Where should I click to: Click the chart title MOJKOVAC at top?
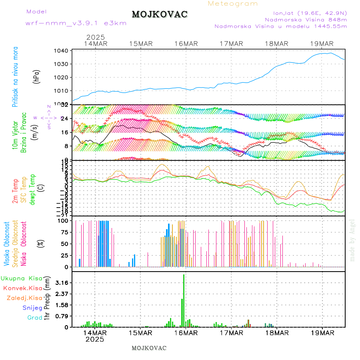tap(160, 14)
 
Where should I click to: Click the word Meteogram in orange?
tap(233, 4)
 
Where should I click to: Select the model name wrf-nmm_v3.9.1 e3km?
tap(76, 23)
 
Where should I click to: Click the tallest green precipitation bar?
tap(184, 300)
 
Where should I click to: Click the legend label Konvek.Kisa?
tap(23, 288)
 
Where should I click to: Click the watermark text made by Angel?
tap(352, 240)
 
